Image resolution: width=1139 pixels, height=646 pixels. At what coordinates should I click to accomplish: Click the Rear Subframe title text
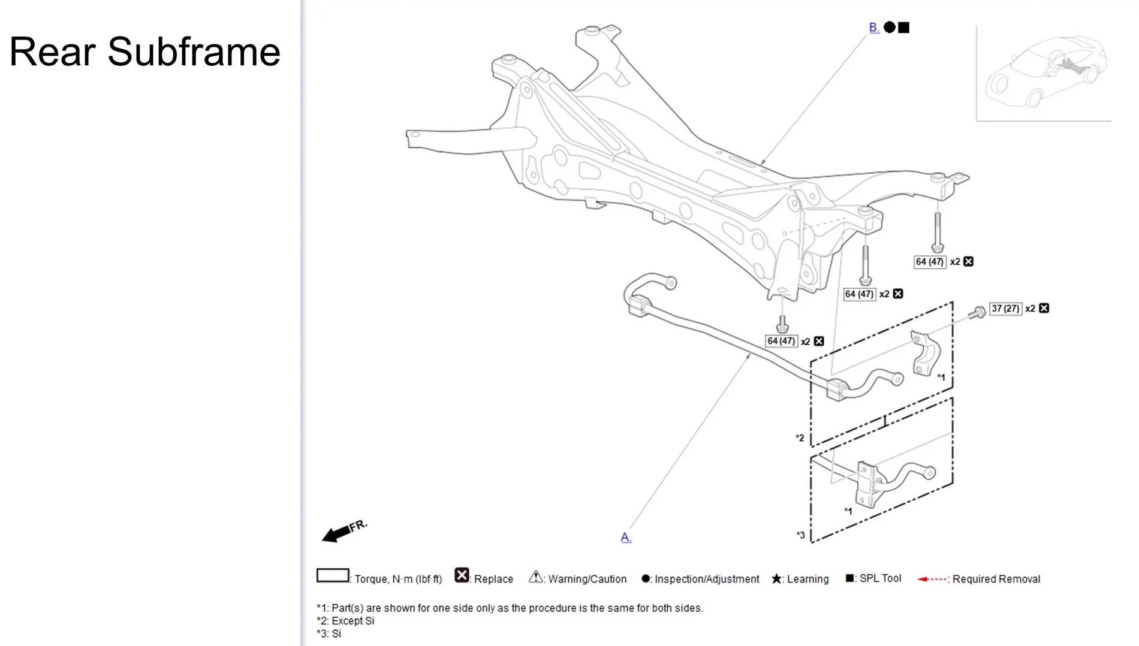click(144, 52)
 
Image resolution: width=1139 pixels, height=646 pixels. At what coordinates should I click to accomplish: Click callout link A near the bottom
click(625, 537)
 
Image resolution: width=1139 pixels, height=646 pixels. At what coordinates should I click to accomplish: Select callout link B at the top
click(873, 27)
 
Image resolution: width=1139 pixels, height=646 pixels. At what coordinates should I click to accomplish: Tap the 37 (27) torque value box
click(1005, 309)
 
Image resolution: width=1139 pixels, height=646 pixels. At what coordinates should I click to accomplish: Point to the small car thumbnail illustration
click(1045, 72)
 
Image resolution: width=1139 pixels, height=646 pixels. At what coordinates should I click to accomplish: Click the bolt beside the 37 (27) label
click(977, 312)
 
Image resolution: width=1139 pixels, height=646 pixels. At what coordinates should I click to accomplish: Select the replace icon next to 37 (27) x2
click(1044, 308)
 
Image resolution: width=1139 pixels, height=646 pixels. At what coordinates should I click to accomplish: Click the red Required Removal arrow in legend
click(932, 579)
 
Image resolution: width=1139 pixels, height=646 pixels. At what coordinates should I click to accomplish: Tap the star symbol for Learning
click(776, 579)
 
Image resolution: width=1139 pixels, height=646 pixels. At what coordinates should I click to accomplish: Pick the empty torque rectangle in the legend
click(332, 575)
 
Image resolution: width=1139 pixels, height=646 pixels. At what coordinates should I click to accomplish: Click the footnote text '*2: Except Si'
click(345, 621)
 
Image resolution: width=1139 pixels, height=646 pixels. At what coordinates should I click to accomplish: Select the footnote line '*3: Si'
click(329, 633)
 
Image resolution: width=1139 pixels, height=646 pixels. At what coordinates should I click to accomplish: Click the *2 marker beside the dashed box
click(800, 438)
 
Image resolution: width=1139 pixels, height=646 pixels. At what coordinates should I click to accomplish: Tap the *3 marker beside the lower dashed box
click(800, 535)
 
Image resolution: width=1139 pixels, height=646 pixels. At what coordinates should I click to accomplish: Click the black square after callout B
click(904, 28)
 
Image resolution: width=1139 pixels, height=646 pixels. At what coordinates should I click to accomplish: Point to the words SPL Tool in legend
click(880, 578)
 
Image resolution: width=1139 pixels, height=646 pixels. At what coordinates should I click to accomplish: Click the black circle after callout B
click(890, 28)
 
